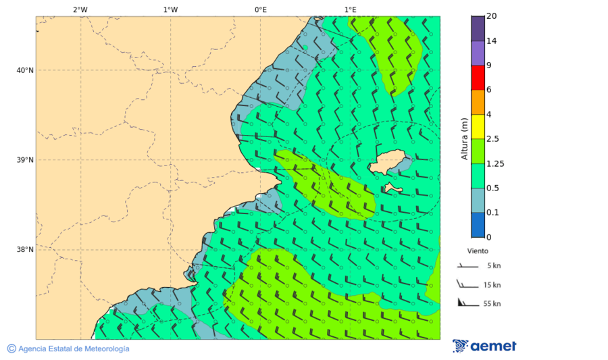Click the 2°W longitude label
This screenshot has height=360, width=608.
pyautogui.click(x=80, y=9)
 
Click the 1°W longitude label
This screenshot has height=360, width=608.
pyautogui.click(x=170, y=9)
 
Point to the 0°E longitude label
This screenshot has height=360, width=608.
pyautogui.click(x=260, y=9)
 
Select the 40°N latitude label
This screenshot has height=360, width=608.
pyautogui.click(x=25, y=70)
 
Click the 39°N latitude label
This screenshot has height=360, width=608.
pyautogui.click(x=25, y=160)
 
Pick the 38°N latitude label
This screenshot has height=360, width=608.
pyautogui.click(x=25, y=249)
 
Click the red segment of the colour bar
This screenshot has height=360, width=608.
pyautogui.click(x=478, y=77)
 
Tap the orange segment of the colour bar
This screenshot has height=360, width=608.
pyautogui.click(x=478, y=102)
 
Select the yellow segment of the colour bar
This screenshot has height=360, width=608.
pyautogui.click(x=478, y=126)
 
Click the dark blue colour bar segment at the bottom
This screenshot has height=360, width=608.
pyautogui.click(x=478, y=225)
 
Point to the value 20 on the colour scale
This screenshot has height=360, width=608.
pyautogui.click(x=491, y=16)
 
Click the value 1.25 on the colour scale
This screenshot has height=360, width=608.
pyautogui.click(x=496, y=163)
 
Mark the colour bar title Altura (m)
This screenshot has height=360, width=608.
pyautogui.click(x=464, y=138)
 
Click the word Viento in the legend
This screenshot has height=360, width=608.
pyautogui.click(x=478, y=251)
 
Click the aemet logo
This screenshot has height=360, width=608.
pyautogui.click(x=484, y=346)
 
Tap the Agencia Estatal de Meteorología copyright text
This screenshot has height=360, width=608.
pyautogui.click(x=68, y=349)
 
